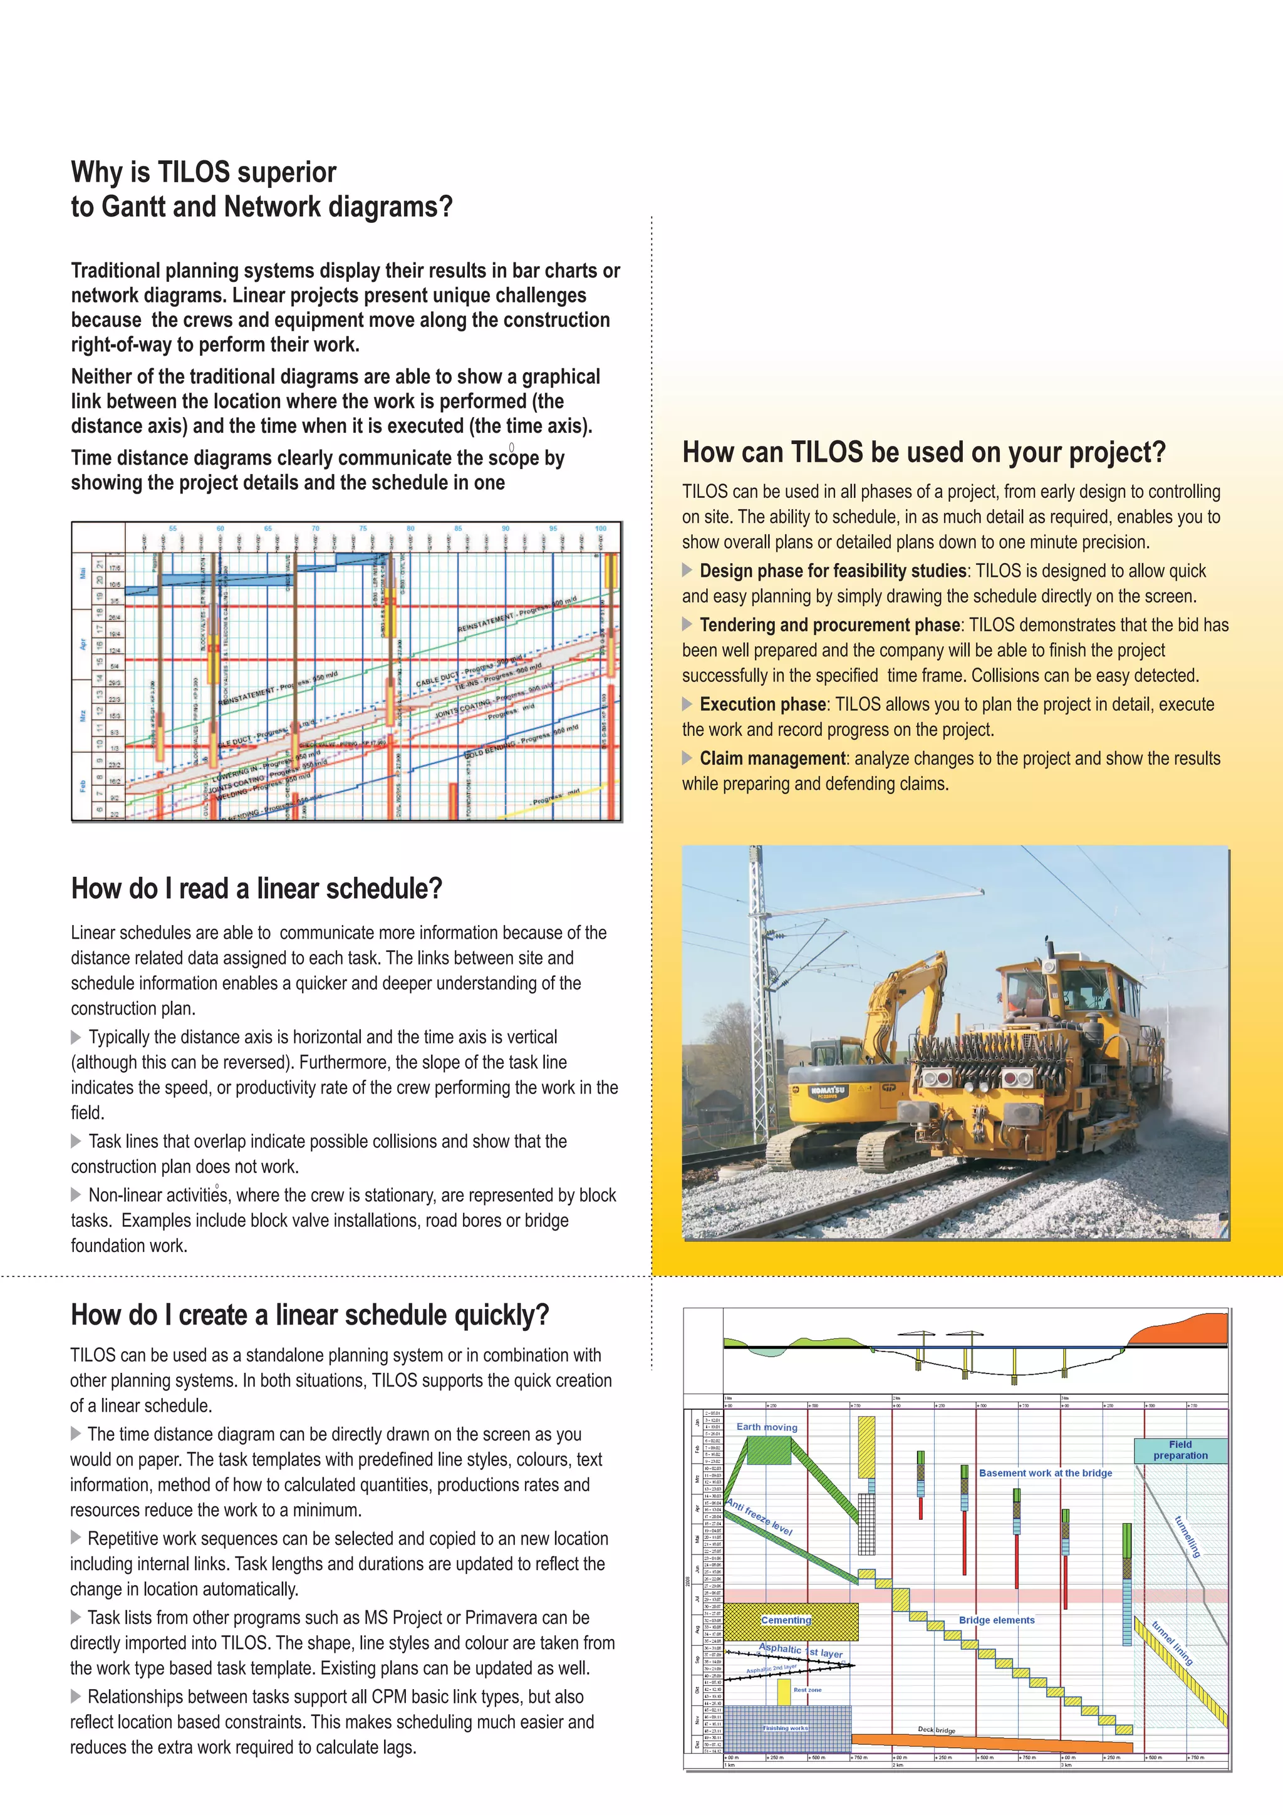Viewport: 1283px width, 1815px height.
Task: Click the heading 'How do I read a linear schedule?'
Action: tap(256, 889)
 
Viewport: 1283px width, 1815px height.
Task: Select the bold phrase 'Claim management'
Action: tap(772, 759)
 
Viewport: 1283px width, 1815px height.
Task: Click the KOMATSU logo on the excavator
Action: tap(828, 1092)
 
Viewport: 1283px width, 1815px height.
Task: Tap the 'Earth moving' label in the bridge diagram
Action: tap(766, 1427)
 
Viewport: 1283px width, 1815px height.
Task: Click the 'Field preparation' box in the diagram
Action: tap(1180, 1450)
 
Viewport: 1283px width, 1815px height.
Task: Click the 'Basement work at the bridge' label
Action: tap(1044, 1472)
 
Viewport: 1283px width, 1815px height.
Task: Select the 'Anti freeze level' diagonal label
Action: tap(759, 1517)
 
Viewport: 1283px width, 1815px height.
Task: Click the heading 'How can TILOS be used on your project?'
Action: tap(923, 453)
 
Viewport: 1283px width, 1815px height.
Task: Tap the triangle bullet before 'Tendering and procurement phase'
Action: tap(687, 624)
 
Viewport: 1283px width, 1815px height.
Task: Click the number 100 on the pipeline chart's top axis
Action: tap(600, 528)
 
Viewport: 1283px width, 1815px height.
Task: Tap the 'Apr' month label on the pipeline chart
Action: tap(82, 644)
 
